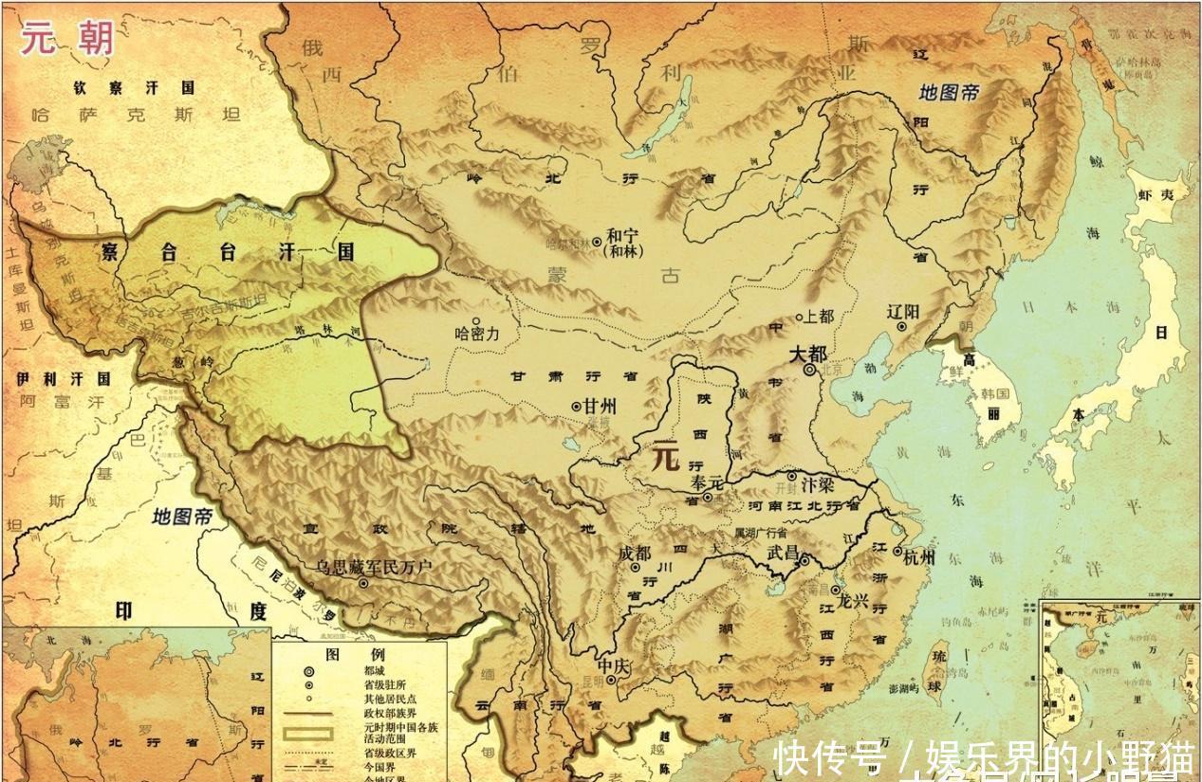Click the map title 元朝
coord(67,38)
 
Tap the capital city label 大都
coord(808,353)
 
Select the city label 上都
coord(817,318)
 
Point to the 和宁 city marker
coord(598,242)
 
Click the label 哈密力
coord(476,335)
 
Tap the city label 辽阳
coord(903,312)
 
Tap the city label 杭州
coord(918,556)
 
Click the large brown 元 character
coord(663,458)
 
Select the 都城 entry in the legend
coord(376,670)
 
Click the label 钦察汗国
coord(134,88)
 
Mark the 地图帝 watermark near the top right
coord(949,92)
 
